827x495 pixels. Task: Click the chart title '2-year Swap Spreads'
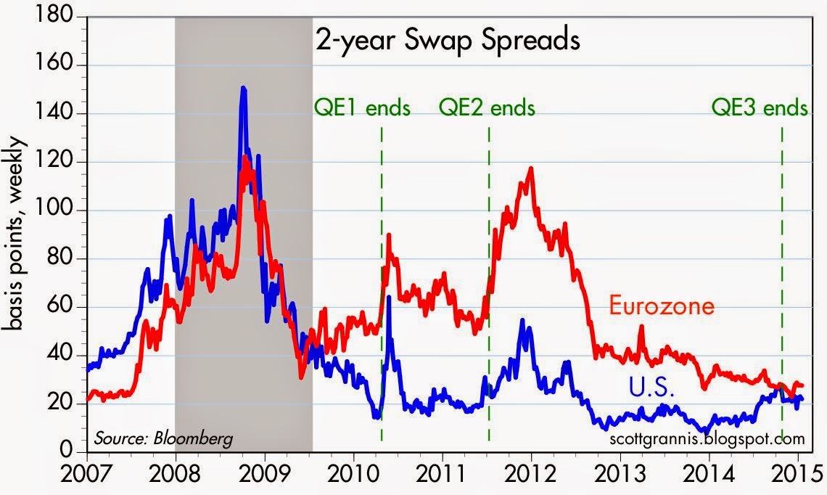point(447,40)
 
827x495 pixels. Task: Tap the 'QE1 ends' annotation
point(362,108)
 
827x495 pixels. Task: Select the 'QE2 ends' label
point(487,108)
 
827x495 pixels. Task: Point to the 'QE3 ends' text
point(759,108)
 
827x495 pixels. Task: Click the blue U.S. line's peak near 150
point(243,89)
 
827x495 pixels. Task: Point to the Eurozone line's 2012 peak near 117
point(532,169)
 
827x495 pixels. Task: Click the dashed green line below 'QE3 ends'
point(781,290)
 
